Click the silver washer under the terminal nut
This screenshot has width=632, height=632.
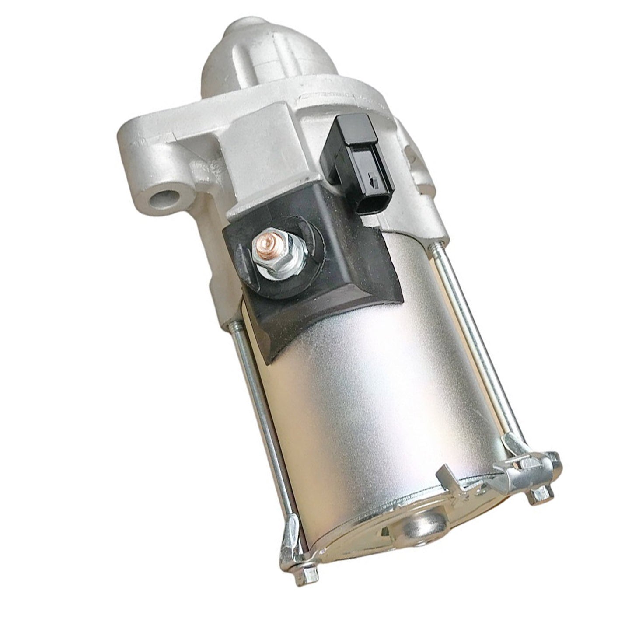tap(277, 269)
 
